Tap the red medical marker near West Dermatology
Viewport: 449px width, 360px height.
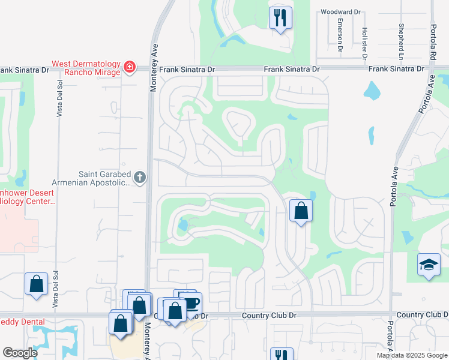pyautogui.click(x=129, y=67)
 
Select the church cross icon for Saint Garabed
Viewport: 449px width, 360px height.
pyautogui.click(x=139, y=177)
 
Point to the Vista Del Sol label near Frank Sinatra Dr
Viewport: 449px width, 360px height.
pyautogui.click(x=59, y=99)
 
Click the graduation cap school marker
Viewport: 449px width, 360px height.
pyautogui.click(x=429, y=265)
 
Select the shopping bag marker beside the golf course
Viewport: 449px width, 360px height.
pyautogui.click(x=301, y=211)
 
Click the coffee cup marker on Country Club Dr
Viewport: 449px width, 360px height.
pyautogui.click(x=191, y=302)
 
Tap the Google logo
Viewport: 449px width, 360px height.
pyautogui.click(x=20, y=352)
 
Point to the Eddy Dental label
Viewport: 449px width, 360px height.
pyautogui.click(x=22, y=322)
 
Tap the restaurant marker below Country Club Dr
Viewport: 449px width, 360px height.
pyautogui.click(x=280, y=354)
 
